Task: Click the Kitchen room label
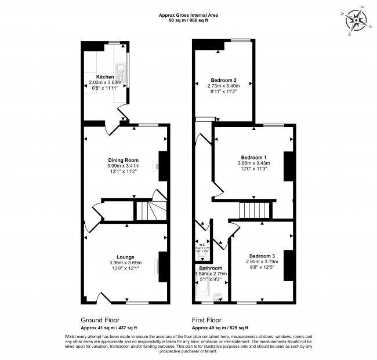[105, 77]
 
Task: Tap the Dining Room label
[123, 160]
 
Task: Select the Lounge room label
[125, 257]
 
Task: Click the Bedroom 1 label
[253, 157]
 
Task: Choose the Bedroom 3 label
[262, 256]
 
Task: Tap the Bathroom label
[211, 268]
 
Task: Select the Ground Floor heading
[101, 319]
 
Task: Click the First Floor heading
[207, 319]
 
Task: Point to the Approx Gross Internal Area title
[188, 14]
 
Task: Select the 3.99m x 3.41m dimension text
[123, 166]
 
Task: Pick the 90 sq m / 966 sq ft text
[188, 20]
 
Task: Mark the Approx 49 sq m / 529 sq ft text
[220, 328]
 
